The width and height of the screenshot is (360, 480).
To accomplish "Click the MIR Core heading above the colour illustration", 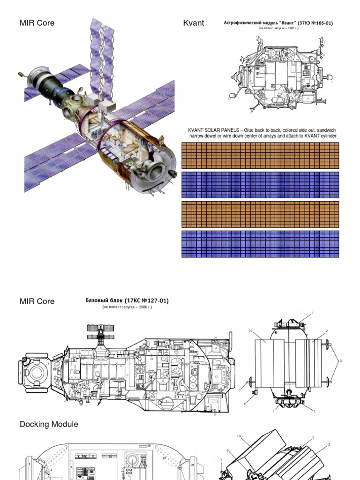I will tap(37, 23).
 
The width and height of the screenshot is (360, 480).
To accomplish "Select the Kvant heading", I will tap(194, 23).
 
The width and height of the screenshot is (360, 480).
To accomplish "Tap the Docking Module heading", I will tap(49, 424).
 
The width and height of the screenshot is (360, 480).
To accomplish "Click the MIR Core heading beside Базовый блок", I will tap(37, 301).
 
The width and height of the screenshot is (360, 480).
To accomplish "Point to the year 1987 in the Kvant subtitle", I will tap(288, 28).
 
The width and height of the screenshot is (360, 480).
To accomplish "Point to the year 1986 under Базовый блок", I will tap(141, 307).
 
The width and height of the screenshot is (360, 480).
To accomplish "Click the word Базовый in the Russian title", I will tap(97, 300).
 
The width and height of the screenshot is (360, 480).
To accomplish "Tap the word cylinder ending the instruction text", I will tap(327, 136).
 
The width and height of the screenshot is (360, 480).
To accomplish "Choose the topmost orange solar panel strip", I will tap(260, 156).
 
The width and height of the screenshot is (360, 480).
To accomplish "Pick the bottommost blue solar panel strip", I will tap(260, 244).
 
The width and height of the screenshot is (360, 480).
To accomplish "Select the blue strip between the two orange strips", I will tap(260, 185).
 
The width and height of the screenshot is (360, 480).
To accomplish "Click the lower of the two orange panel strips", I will tap(260, 214).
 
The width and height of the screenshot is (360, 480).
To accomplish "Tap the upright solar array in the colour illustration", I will tap(102, 56).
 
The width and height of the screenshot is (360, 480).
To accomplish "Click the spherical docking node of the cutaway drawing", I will tap(36, 373).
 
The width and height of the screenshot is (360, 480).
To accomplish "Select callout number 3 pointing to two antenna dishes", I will tap(340, 360).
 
